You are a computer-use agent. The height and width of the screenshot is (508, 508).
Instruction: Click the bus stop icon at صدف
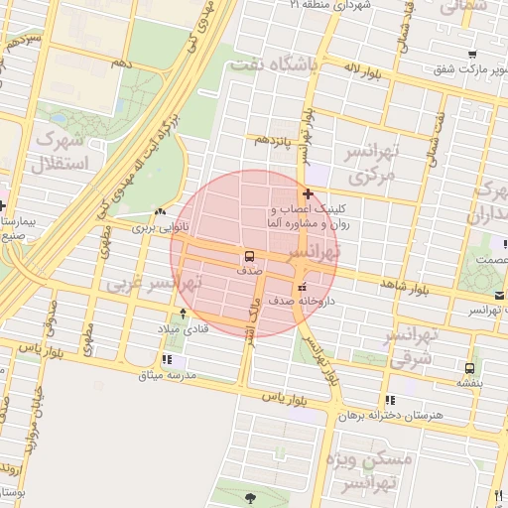tap(249, 255)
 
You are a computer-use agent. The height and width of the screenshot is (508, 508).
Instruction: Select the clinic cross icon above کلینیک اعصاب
tap(309, 193)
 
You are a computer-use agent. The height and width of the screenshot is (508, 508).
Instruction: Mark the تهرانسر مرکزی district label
tap(369, 164)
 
